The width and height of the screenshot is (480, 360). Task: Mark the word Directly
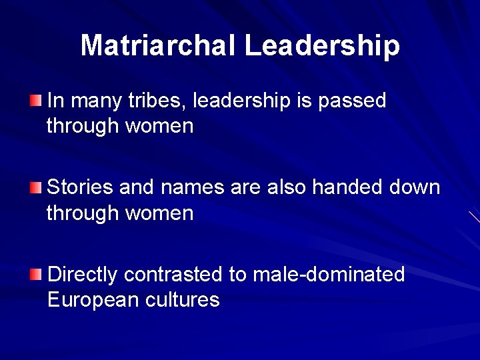coord(83,274)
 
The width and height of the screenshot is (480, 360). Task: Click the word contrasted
coord(175,274)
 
